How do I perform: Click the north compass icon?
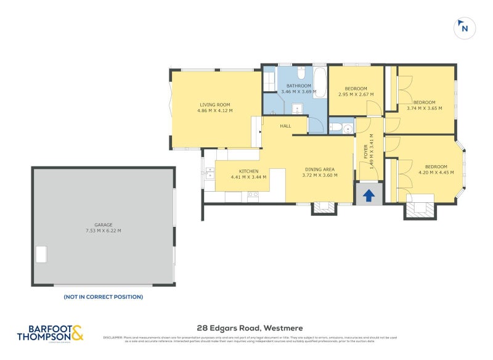(x=464, y=28)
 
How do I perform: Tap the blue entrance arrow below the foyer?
(x=369, y=195)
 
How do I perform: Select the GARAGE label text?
(x=104, y=225)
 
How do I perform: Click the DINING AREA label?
(x=320, y=170)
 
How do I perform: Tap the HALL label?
(x=285, y=126)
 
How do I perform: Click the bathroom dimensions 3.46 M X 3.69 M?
(x=298, y=92)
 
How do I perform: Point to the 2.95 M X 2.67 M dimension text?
(x=356, y=94)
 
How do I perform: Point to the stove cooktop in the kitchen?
(x=253, y=197)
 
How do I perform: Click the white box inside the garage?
(x=41, y=254)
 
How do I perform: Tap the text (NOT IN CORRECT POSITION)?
(x=103, y=297)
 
